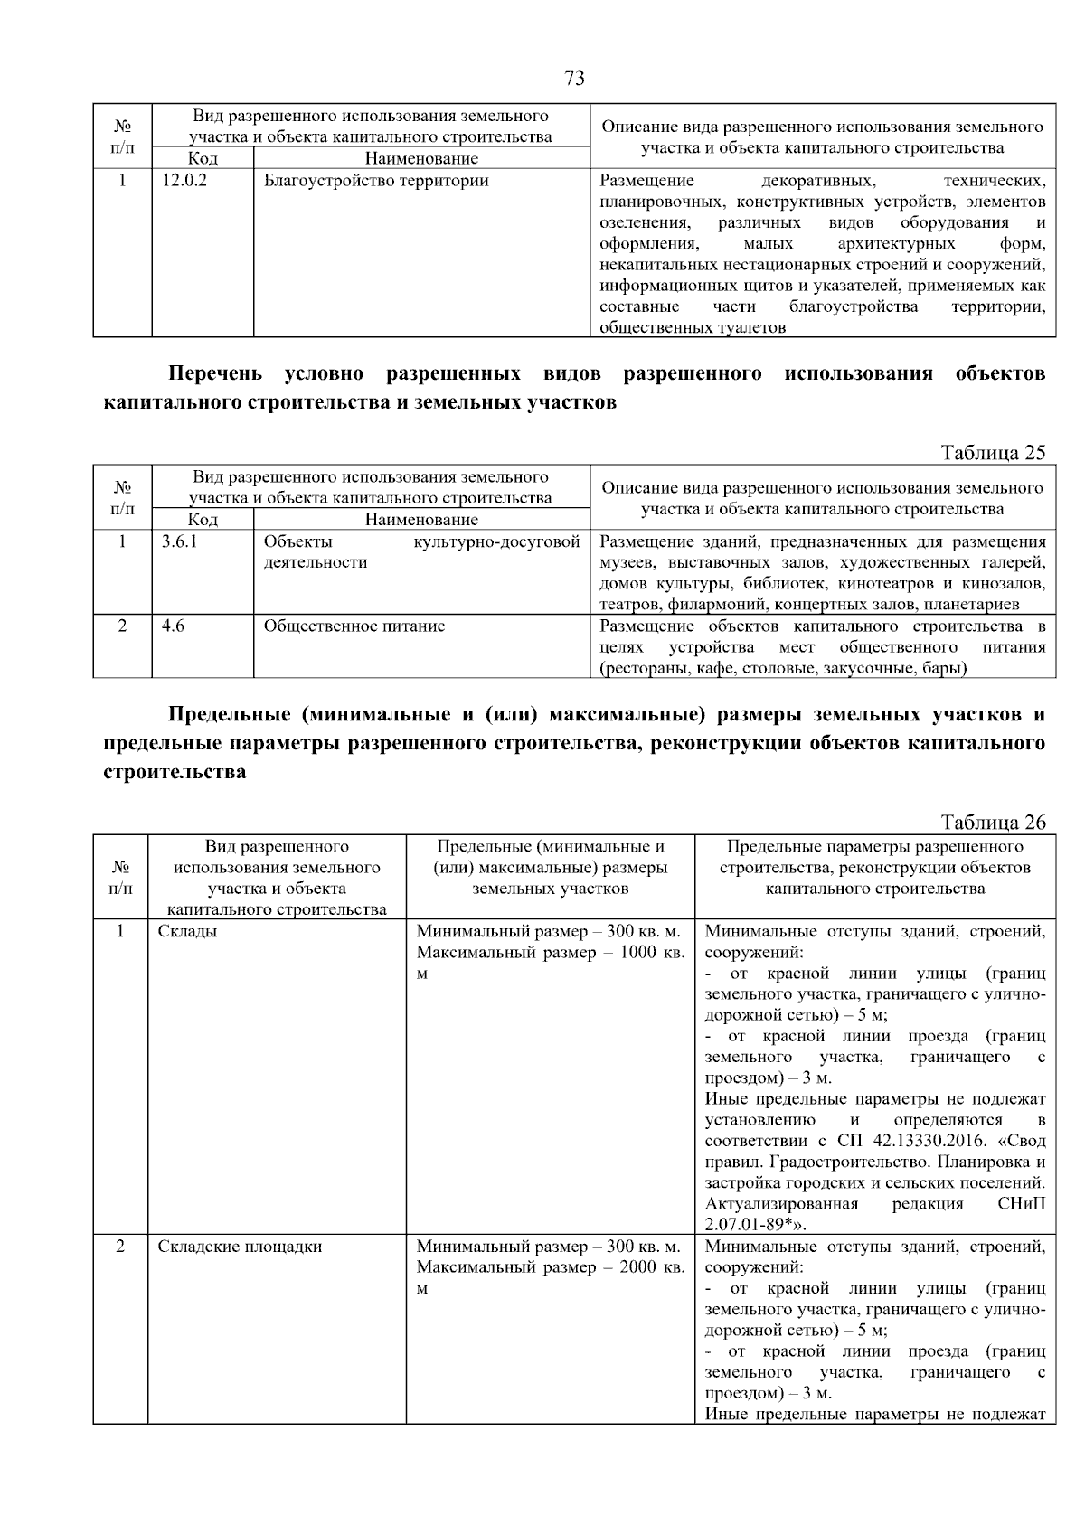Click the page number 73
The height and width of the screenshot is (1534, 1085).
(574, 79)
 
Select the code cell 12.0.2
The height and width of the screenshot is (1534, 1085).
(184, 181)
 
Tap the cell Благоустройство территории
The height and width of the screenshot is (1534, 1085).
(376, 181)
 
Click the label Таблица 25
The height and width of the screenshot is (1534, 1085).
(993, 453)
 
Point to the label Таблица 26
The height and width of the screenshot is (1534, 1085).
(993, 823)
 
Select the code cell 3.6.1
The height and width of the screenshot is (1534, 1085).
(179, 542)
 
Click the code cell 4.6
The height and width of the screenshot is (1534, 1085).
(173, 626)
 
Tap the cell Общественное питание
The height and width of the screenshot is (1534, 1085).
(354, 626)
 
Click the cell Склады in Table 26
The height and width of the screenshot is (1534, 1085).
(187, 931)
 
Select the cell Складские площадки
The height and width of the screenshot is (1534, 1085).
(240, 1247)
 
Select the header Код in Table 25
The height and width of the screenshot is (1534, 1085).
(203, 520)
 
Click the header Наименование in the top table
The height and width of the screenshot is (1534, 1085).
(421, 159)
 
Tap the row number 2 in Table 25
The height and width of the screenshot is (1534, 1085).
(122, 626)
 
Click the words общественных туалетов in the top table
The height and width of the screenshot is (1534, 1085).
(693, 327)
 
